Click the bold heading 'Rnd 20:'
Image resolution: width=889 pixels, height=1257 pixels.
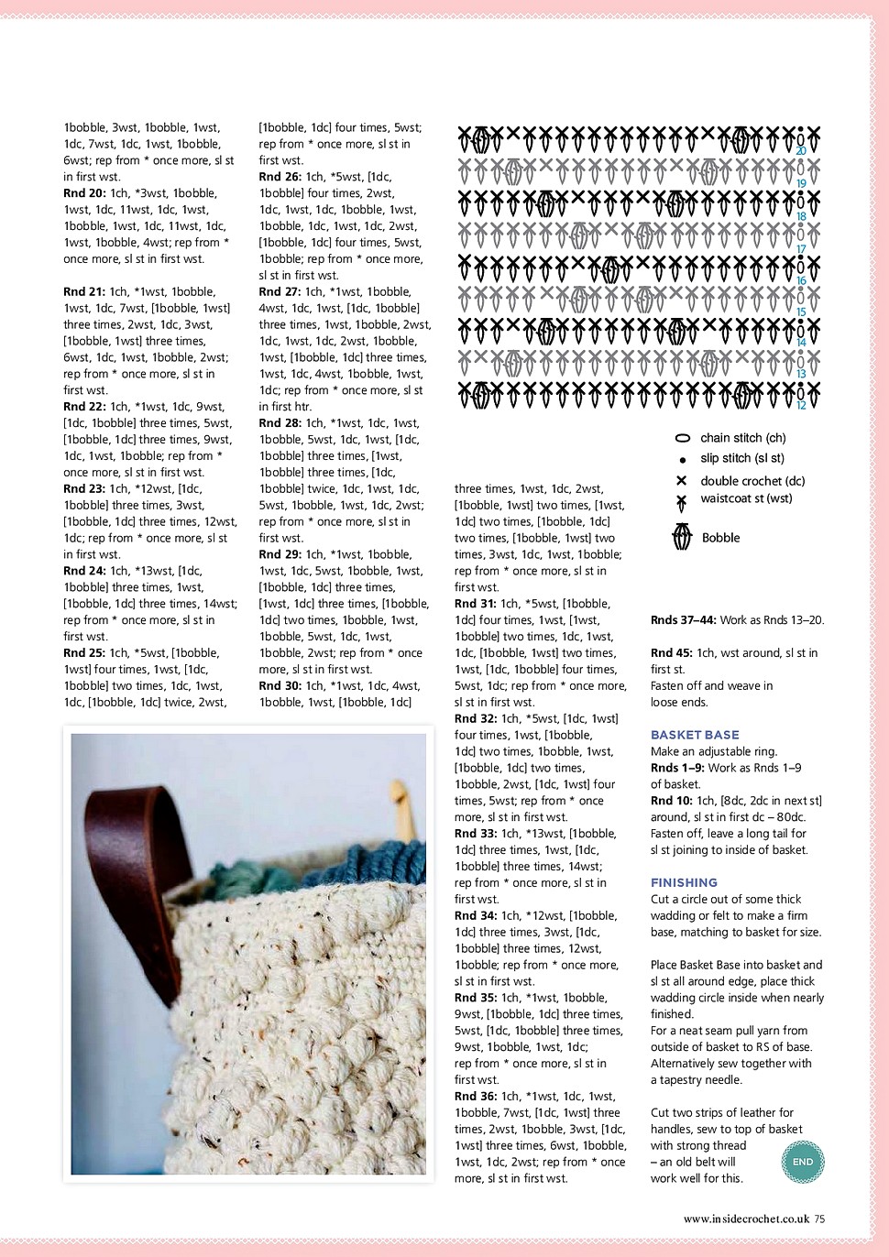point(84,193)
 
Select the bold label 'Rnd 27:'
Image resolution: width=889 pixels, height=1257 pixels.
point(280,291)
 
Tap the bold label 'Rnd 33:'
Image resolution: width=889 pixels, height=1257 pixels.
point(476,834)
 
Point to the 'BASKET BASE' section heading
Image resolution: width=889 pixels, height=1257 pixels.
point(695,735)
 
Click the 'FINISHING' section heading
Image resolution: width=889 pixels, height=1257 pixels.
point(684,882)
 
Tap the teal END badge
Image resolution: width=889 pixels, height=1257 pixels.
point(803,1162)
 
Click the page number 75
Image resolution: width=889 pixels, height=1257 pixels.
point(819,1219)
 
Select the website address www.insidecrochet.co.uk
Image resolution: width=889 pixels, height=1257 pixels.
point(746,1219)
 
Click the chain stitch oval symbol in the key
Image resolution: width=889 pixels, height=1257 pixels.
point(682,439)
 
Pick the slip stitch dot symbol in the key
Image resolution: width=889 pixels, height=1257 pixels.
point(682,460)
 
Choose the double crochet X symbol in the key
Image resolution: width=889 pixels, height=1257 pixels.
point(682,481)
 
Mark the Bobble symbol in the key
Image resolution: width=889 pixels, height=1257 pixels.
point(682,537)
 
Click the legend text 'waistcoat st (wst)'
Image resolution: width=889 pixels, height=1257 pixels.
point(746,498)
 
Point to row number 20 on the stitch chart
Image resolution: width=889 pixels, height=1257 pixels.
point(801,151)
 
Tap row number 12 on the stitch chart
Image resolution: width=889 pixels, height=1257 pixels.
point(801,405)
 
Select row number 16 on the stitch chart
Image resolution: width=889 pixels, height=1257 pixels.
point(801,280)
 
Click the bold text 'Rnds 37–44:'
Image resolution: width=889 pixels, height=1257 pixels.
point(684,620)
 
